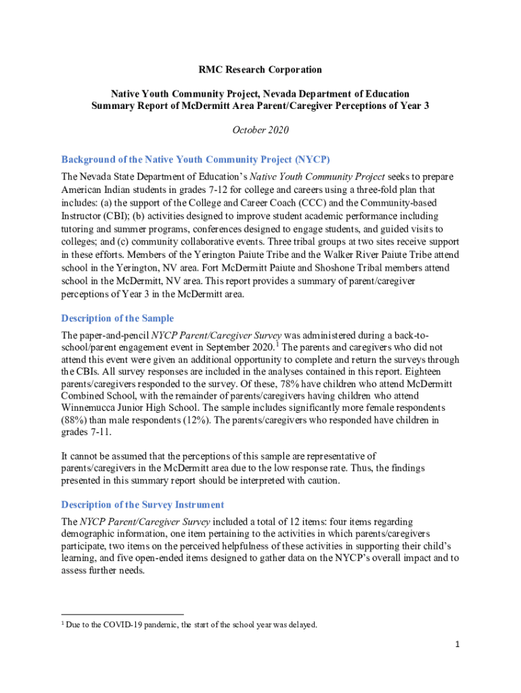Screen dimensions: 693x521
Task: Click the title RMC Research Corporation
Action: (x=260, y=70)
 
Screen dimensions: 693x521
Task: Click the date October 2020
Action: (x=260, y=133)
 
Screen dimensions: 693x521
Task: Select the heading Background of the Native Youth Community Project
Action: (x=196, y=160)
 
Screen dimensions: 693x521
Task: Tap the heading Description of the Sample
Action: (x=118, y=318)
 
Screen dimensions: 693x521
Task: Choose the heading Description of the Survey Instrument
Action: (x=143, y=505)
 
